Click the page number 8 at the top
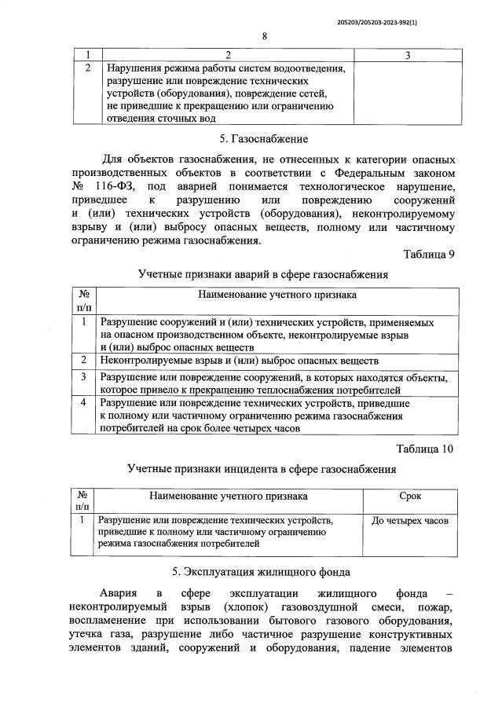[265, 36]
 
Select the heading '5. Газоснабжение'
[264, 140]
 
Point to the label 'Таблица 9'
[429, 255]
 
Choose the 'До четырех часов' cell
[409, 522]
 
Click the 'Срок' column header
[409, 497]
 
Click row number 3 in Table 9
[83, 377]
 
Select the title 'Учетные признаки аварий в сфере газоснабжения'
[263, 275]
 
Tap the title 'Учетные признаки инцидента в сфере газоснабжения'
[262, 469]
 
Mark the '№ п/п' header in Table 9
[83, 302]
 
